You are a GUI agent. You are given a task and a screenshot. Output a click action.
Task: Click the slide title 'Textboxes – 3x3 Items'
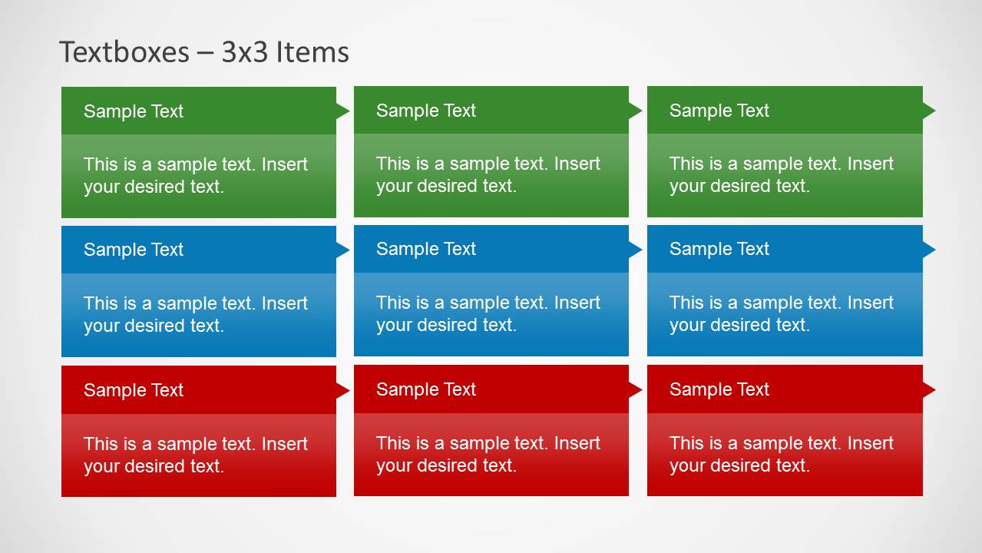coord(204,52)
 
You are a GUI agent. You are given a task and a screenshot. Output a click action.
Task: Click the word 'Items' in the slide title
coord(312,52)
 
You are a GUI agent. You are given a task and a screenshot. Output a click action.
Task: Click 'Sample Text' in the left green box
coord(134,111)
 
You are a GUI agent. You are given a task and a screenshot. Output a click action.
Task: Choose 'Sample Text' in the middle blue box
coord(426,249)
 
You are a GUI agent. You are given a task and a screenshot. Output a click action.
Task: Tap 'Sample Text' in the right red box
coord(719,389)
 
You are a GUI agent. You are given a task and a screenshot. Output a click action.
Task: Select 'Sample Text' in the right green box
coord(719,111)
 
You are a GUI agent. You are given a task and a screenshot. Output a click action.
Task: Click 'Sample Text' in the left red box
coord(134,390)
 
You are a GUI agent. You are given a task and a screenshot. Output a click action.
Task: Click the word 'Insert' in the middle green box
coord(577,164)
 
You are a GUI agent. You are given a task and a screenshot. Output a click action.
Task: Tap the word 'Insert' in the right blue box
coord(870,303)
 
